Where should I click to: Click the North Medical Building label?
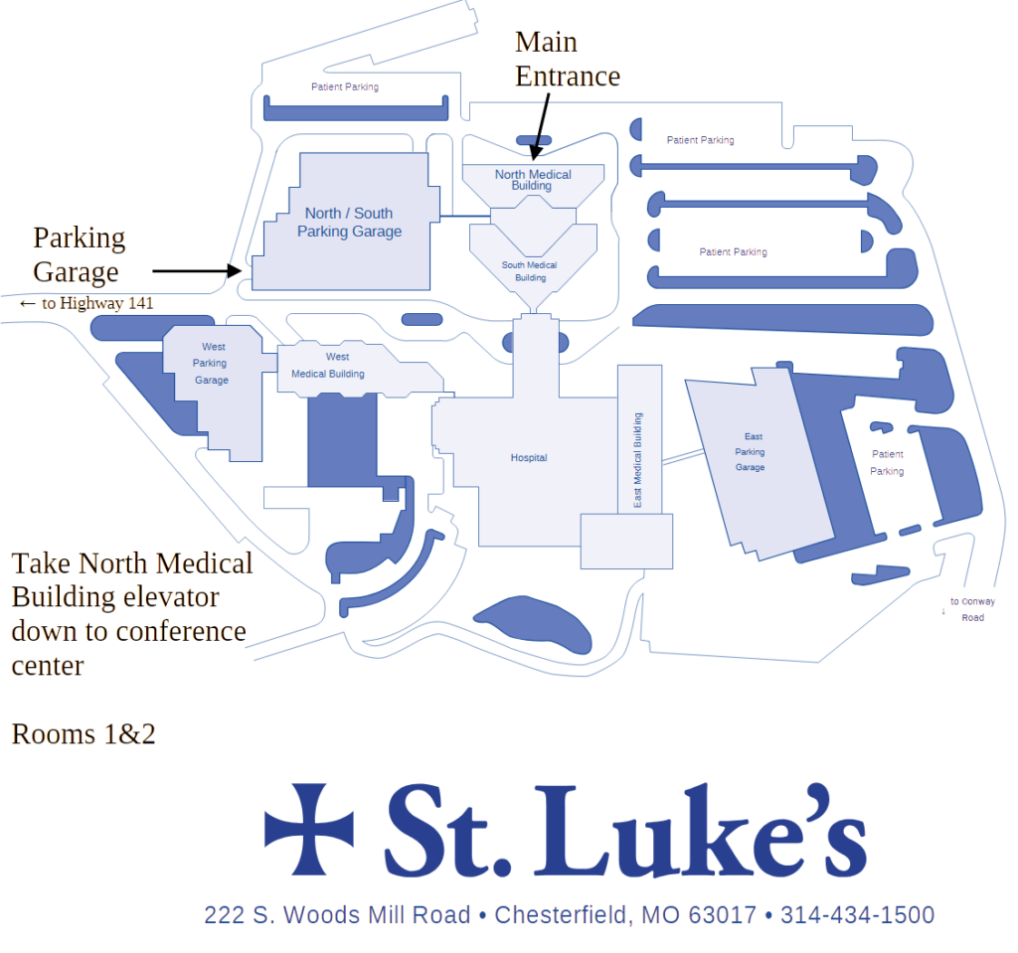[x=533, y=180]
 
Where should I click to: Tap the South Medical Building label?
[x=529, y=271]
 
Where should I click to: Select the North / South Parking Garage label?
[x=349, y=223]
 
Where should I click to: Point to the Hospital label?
[x=529, y=458]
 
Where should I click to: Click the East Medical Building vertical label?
[x=638, y=460]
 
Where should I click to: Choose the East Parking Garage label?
[x=751, y=452]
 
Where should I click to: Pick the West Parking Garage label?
[x=212, y=364]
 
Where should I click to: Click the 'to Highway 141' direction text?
[x=94, y=303]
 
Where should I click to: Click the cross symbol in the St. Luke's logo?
[x=308, y=829]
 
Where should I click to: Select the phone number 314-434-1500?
[x=856, y=915]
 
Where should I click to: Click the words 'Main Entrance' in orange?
[x=566, y=60]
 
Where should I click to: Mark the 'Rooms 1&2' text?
[x=82, y=734]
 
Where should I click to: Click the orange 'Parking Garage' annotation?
[x=77, y=255]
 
